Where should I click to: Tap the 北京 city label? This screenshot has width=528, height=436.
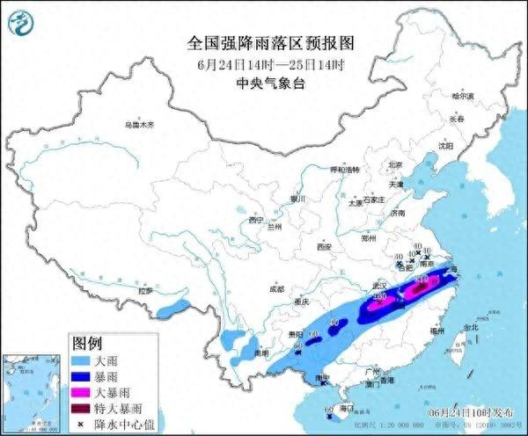tap(395, 164)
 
